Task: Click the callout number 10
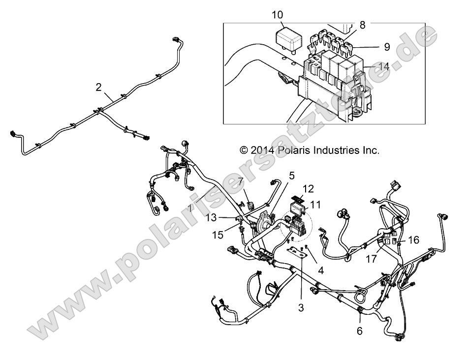[277, 14]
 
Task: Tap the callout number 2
[99, 88]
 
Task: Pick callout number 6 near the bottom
[359, 331]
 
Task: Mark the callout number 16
[413, 240]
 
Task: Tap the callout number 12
[308, 188]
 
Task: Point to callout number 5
[291, 175]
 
